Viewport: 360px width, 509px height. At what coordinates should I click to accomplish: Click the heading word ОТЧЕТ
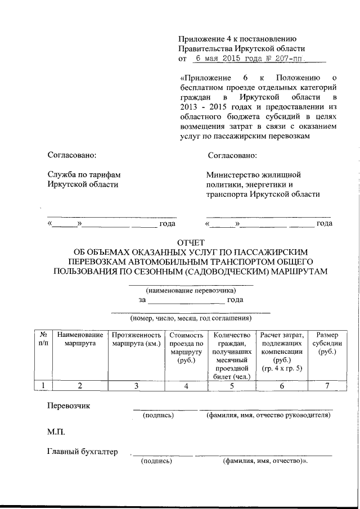coord(192,242)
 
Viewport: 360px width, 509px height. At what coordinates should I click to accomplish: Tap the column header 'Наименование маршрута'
coord(80,339)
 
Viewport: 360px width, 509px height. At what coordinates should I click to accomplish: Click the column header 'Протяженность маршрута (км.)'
coord(136,339)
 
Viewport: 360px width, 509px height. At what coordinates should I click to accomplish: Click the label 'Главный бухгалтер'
coord(83,452)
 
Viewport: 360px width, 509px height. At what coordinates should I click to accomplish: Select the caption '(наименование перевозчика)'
coord(191,291)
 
